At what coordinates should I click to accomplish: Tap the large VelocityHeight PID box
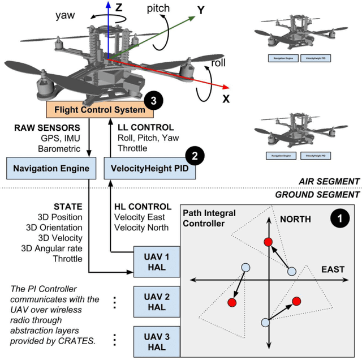pos(150,168)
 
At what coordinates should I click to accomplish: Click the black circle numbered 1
pos(340,217)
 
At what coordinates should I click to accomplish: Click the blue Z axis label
pos(118,8)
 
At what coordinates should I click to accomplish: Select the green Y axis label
pos(200,10)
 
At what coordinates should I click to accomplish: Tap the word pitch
pos(158,8)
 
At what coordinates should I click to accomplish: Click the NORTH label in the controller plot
pos(296,219)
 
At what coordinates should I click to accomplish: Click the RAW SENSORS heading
pos(44,127)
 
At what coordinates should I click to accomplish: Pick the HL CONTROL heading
pos(142,207)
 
